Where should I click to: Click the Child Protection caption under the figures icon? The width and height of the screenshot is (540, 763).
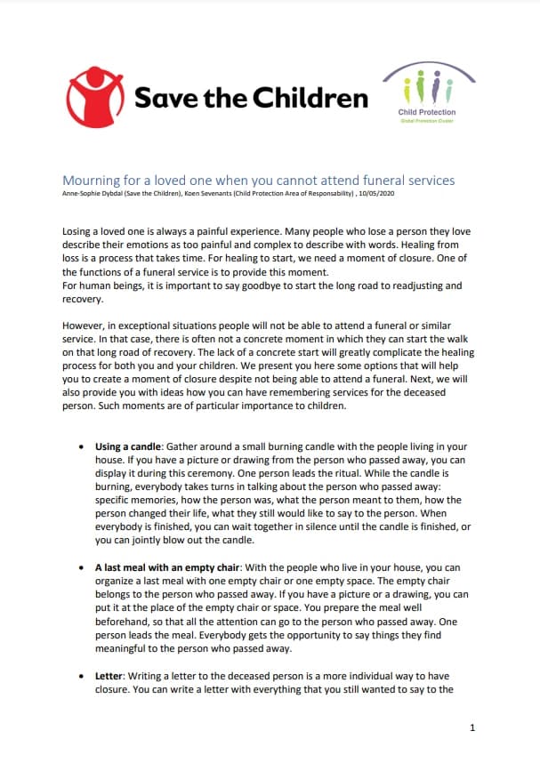coord(427,112)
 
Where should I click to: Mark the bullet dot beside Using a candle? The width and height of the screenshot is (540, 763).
coord(82,446)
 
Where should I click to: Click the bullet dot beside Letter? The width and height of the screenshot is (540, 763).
coord(82,675)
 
